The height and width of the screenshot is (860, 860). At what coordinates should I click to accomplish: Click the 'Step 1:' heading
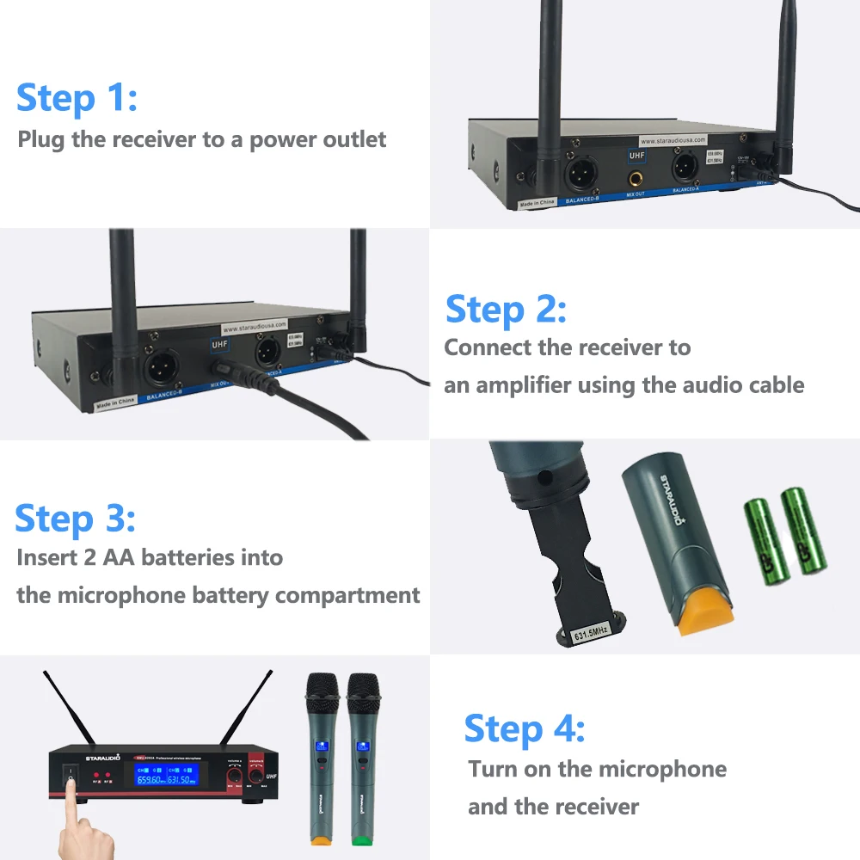pos(77,97)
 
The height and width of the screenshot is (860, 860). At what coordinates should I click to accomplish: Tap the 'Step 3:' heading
pos(75,519)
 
